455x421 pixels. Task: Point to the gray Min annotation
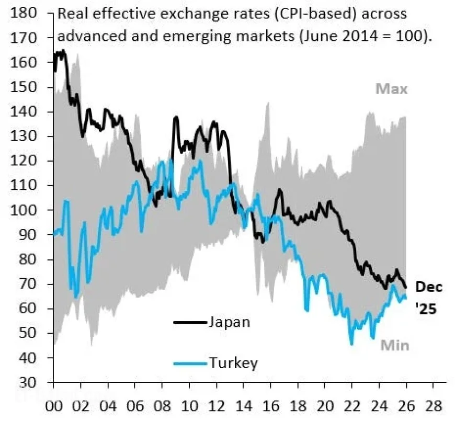[x=394, y=346]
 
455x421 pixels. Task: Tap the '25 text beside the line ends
[x=426, y=310]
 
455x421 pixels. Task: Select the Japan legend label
[x=229, y=322]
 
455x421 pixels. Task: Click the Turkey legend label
[x=233, y=362]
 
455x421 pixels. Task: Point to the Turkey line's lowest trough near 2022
[x=351, y=343]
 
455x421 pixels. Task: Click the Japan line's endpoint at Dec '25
[x=406, y=287]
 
